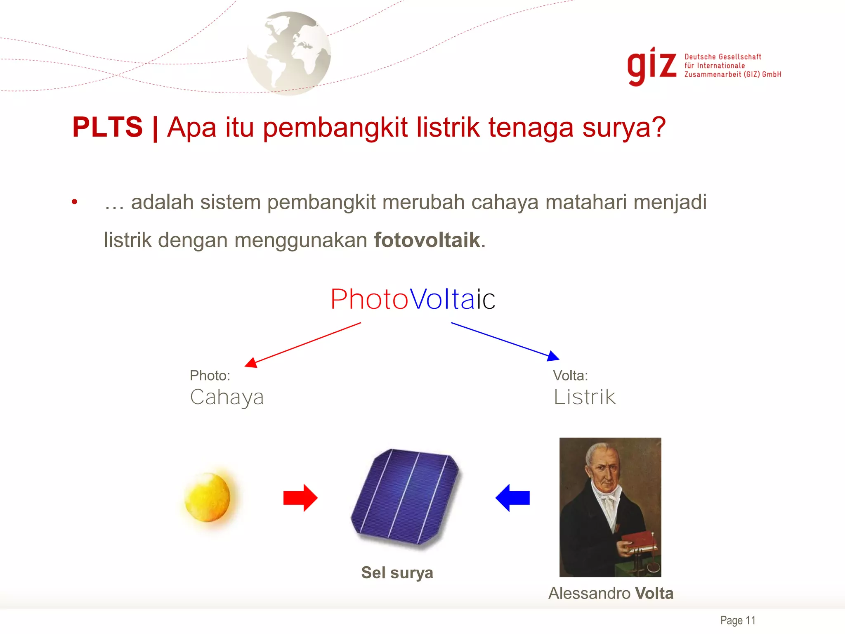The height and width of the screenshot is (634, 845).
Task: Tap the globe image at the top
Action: point(289,54)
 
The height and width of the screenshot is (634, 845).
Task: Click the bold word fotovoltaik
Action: point(427,240)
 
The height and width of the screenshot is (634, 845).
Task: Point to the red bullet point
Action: point(74,202)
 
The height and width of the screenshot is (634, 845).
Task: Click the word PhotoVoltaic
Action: point(413,299)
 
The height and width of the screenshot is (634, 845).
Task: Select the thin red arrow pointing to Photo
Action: point(303,345)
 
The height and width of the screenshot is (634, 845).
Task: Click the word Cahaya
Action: point(227,397)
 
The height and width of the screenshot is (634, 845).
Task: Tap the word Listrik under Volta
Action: point(584,397)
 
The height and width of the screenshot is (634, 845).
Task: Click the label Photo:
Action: point(210,376)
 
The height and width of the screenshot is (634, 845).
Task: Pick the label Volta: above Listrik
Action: point(570,376)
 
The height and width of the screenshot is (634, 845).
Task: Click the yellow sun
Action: point(208,497)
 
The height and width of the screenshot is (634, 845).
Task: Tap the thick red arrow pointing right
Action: point(300,498)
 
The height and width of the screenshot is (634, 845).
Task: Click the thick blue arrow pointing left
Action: point(512,498)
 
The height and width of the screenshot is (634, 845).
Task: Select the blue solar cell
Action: point(405,497)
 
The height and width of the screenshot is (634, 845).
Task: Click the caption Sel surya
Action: point(397,573)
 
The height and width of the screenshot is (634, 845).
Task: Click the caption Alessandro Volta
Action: point(611,594)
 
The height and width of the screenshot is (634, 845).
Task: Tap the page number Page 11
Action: point(738,620)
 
